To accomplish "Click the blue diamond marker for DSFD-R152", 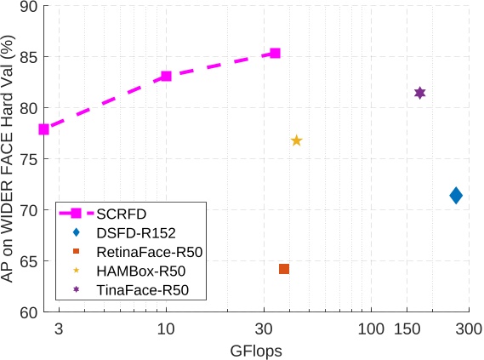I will pyautogui.click(x=456, y=196).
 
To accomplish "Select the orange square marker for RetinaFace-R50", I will pyautogui.click(x=284, y=269).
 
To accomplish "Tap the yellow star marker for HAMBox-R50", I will pyautogui.click(x=297, y=140).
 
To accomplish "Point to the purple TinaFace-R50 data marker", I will pyautogui.click(x=419, y=93).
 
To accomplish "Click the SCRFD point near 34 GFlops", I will pyautogui.click(x=275, y=53).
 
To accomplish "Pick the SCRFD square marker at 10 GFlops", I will pyautogui.click(x=167, y=76).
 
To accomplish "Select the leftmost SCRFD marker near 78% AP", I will pyautogui.click(x=44, y=129).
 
